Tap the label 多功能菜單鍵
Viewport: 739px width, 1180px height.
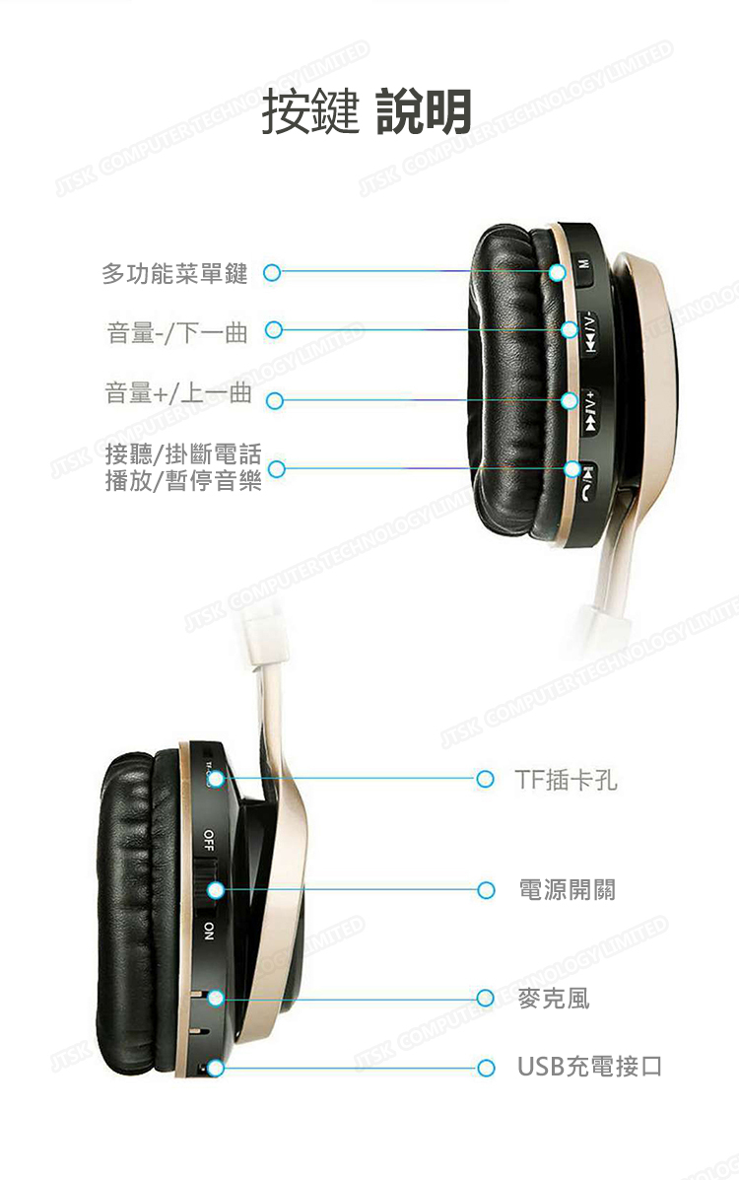pos(174,274)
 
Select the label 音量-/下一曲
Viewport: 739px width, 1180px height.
pos(177,333)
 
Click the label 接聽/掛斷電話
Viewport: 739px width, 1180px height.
pos(183,454)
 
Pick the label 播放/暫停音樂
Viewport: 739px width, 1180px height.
pos(183,483)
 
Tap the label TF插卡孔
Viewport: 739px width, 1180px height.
pos(567,780)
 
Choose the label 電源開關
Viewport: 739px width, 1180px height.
pos(567,890)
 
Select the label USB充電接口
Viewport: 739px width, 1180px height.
pos(589,1067)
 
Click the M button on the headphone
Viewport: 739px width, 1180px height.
pos(583,268)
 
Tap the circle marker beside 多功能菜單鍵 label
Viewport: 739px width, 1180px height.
pos(273,272)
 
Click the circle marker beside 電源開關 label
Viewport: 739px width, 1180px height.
pos(484,890)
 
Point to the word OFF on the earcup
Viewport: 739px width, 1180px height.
pos(208,840)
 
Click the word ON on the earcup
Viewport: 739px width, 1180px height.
pos(208,931)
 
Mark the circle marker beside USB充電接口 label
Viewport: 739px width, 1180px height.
pos(484,1067)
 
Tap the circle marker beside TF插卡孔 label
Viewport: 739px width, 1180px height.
pos(484,780)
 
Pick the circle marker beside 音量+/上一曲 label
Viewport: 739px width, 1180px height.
pos(275,400)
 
